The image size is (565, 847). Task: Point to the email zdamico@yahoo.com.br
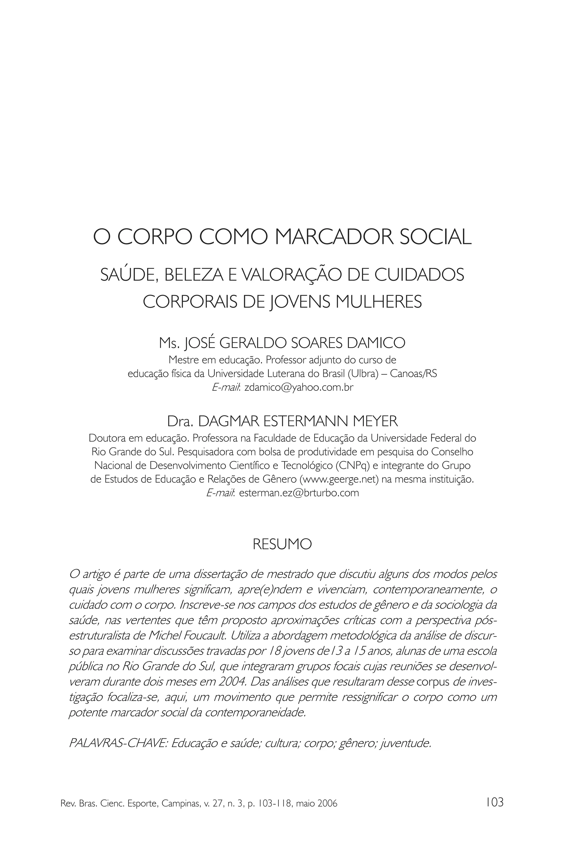(x=299, y=387)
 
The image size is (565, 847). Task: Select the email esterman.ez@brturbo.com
(x=299, y=493)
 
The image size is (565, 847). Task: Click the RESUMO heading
(x=282, y=544)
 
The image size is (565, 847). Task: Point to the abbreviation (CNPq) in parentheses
(x=352, y=466)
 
